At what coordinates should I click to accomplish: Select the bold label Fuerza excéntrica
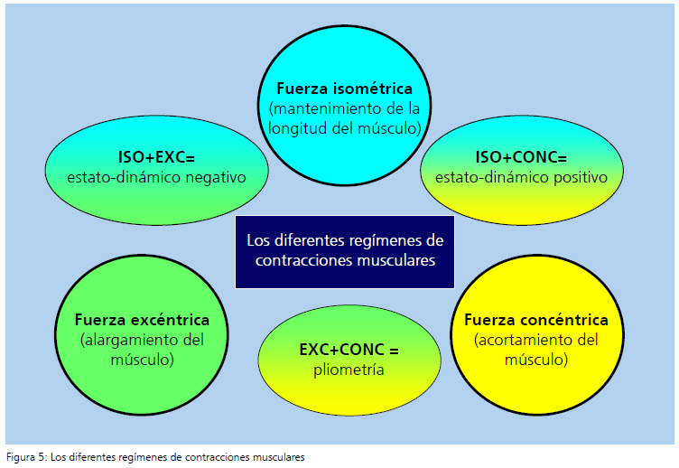click(143, 320)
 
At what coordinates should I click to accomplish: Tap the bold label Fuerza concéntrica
click(535, 320)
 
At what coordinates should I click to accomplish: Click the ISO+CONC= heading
click(521, 156)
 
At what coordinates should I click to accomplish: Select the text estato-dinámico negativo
click(157, 177)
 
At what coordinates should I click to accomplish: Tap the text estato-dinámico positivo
click(521, 177)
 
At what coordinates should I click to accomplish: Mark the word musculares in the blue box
click(395, 260)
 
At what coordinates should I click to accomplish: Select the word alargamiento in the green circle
click(126, 341)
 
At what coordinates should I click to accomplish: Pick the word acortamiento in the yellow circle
click(517, 341)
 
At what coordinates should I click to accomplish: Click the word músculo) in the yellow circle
click(535, 360)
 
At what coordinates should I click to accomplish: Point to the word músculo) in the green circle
click(143, 360)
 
